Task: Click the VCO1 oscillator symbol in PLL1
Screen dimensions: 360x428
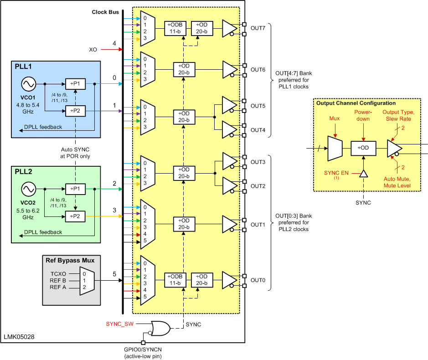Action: pos(28,84)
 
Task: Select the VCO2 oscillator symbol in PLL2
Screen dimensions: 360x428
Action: pos(28,189)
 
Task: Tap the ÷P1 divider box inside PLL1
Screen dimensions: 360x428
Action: pos(75,84)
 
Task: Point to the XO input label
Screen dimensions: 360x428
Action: pos(93,49)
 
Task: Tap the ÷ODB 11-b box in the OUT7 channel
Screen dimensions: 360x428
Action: pos(175,27)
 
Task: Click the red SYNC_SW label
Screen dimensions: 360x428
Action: pos(119,324)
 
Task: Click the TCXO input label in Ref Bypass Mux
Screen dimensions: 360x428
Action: pos(58,273)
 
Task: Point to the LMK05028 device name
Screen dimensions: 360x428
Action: pos(19,337)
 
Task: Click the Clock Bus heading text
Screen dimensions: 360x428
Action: pos(105,11)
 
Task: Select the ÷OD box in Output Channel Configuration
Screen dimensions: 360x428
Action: pos(363,149)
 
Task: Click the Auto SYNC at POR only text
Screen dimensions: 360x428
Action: pos(75,153)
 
